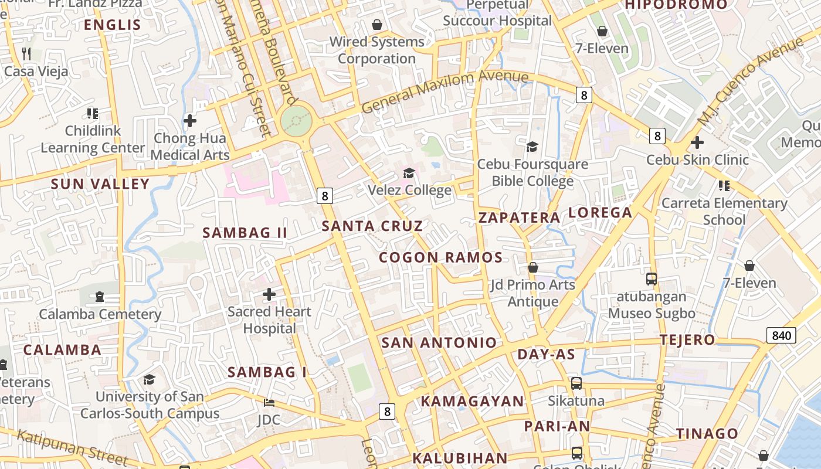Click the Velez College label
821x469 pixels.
[409, 190]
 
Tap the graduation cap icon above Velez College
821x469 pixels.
[409, 174]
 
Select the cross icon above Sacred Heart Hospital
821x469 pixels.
[269, 294]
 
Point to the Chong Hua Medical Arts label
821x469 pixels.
[191, 147]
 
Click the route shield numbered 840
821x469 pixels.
[781, 336]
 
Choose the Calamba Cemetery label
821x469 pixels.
[100, 314]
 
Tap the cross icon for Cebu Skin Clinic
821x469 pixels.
[697, 142]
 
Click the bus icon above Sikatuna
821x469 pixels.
[576, 383]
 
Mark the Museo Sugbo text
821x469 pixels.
[652, 313]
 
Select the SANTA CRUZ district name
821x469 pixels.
[372, 226]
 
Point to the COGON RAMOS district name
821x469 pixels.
[440, 257]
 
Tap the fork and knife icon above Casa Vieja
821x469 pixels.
[26, 54]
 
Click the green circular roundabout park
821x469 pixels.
[295, 121]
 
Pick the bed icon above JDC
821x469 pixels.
[269, 403]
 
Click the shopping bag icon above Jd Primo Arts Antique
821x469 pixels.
[532, 268]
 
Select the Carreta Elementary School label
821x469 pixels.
[724, 211]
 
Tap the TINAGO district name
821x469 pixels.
[707, 434]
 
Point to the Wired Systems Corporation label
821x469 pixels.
[376, 50]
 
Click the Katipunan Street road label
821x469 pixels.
[72, 447]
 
